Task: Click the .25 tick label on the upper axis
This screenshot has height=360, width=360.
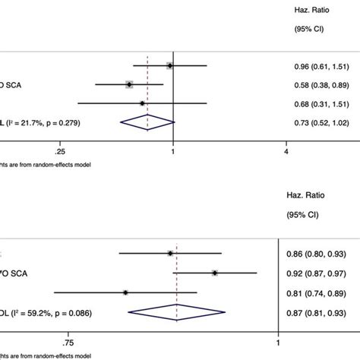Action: click(x=61, y=150)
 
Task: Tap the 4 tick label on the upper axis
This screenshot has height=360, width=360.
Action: click(x=286, y=150)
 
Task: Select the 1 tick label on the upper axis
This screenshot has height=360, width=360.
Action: click(x=173, y=150)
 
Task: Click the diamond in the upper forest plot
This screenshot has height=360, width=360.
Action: click(x=147, y=122)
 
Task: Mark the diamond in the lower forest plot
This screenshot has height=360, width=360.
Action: click(x=177, y=310)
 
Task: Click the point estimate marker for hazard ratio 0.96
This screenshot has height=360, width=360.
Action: click(x=169, y=66)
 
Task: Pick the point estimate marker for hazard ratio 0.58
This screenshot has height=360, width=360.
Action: click(x=129, y=84)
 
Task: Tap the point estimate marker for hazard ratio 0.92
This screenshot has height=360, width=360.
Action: click(x=215, y=273)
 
